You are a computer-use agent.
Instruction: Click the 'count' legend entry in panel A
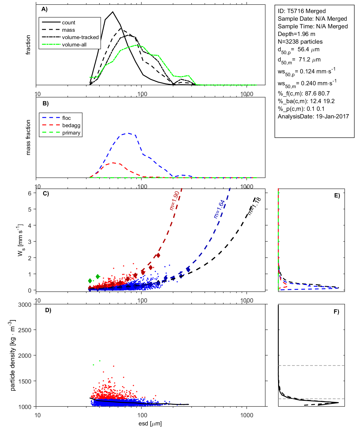pyautogui.click(x=69, y=23)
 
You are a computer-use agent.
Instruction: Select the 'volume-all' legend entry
pyautogui.click(x=74, y=45)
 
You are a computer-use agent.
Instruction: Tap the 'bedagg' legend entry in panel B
pyautogui.click(x=71, y=125)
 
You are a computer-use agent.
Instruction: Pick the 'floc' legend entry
pyautogui.click(x=67, y=118)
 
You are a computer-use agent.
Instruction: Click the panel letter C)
pyautogui.click(x=46, y=194)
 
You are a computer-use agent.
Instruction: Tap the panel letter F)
pyautogui.click(x=336, y=312)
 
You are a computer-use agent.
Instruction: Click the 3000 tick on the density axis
pyautogui.click(x=25, y=305)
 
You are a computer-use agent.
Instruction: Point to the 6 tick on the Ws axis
pyautogui.click(x=29, y=193)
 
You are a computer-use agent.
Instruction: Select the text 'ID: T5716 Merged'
pyautogui.click(x=302, y=11)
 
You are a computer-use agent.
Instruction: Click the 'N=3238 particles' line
pyautogui.click(x=300, y=42)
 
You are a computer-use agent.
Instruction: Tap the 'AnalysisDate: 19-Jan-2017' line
pyautogui.click(x=313, y=116)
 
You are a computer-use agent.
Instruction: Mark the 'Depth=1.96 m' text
pyautogui.click(x=296, y=34)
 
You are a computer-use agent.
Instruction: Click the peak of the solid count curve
pyautogui.click(x=113, y=12)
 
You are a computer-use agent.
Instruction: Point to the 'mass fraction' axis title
pyautogui.click(x=28, y=137)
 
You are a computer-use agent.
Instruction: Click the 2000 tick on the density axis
pyautogui.click(x=25, y=356)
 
